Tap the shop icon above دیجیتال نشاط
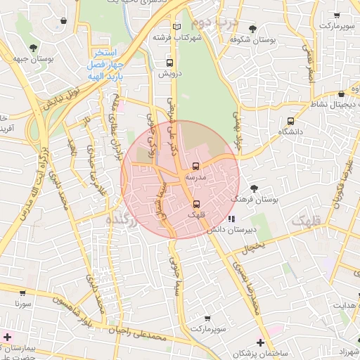point(342,94)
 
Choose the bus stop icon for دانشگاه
point(291,121)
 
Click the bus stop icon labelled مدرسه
point(195,167)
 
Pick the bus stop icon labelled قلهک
point(195,204)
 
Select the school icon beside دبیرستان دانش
point(231,219)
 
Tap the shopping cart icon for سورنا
point(23,293)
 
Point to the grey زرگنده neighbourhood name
point(120,220)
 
